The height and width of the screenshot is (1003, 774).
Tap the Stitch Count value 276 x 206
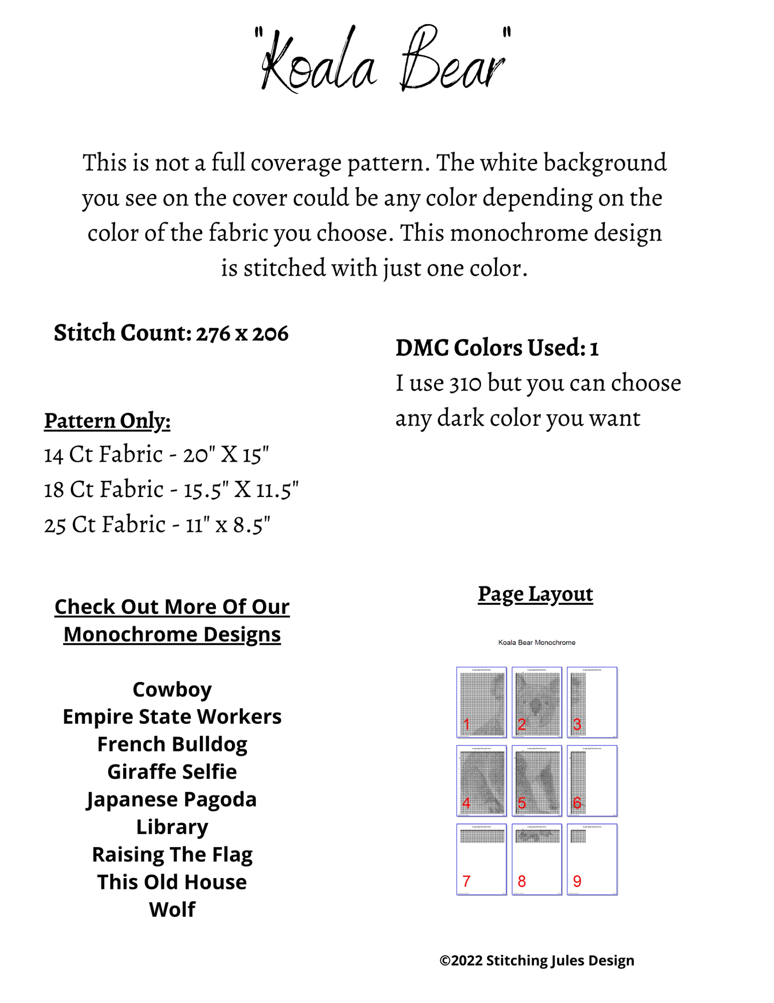[x=242, y=333]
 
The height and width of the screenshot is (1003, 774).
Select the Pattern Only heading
[x=107, y=421]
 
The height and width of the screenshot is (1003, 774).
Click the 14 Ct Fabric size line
[x=156, y=455]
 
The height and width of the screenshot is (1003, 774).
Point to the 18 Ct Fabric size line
[x=171, y=489]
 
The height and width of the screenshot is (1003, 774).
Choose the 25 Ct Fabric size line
[x=157, y=525]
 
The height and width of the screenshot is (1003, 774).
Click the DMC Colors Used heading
[x=497, y=348]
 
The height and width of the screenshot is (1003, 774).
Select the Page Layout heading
[x=535, y=594]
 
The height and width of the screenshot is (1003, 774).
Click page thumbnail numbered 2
[x=537, y=702]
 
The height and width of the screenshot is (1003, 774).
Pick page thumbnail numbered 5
[x=537, y=781]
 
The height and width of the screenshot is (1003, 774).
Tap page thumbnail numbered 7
[x=482, y=859]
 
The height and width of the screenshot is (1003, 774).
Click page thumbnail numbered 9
[x=592, y=859]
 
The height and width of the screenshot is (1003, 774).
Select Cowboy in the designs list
[x=172, y=689]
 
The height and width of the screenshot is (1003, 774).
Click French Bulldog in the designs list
[x=172, y=745]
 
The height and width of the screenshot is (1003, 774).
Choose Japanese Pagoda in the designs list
[x=172, y=799]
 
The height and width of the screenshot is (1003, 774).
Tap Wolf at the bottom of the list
[x=172, y=910]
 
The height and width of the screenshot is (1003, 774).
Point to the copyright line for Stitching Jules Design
[x=537, y=961]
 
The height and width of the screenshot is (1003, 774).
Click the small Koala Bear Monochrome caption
[x=537, y=642]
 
